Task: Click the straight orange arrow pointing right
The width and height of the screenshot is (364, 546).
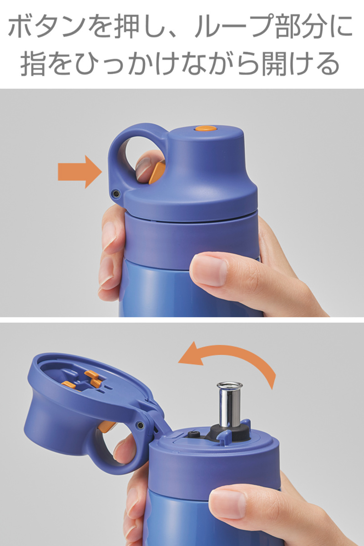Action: [80, 172]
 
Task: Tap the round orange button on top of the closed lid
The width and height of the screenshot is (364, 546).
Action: [206, 128]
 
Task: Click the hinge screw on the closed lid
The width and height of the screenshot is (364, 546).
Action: [115, 193]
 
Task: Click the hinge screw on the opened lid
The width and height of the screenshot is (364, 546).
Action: [140, 425]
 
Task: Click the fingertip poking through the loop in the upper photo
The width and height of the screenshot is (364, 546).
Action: [143, 168]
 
